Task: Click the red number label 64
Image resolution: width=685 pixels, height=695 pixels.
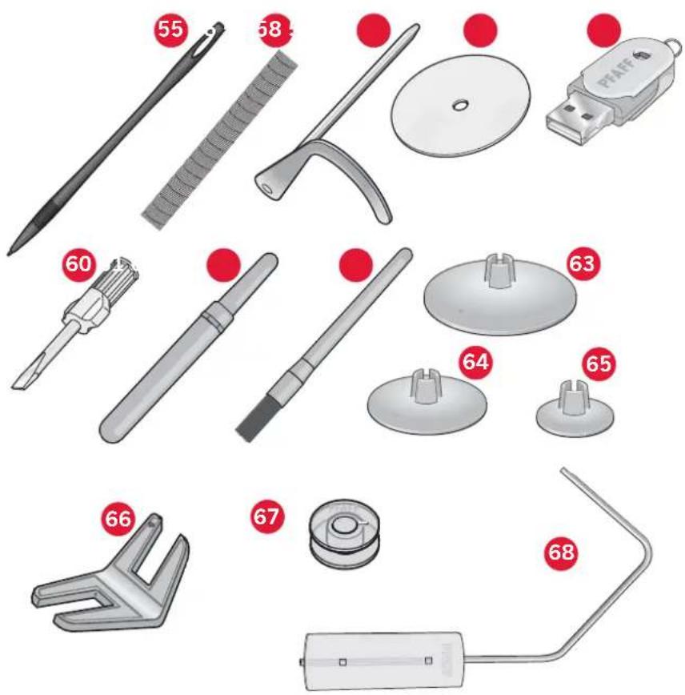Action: [476, 362]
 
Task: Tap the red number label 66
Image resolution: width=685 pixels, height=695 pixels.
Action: [118, 519]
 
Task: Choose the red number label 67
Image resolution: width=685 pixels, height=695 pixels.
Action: [267, 516]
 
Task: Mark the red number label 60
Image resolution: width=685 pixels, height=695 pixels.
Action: [78, 265]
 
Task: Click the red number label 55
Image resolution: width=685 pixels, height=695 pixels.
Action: [170, 30]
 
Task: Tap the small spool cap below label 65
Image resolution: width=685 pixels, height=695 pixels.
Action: [574, 412]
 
